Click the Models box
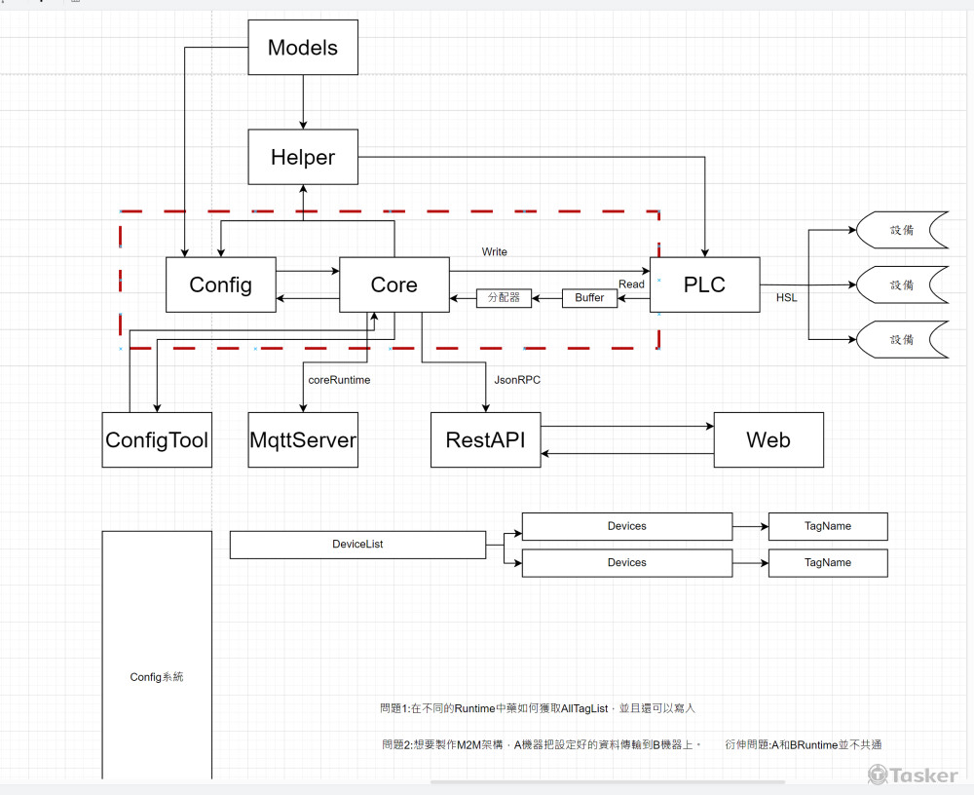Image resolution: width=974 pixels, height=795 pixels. (303, 48)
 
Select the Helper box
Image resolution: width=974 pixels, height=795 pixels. (303, 158)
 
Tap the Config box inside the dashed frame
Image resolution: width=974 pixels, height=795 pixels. (220, 284)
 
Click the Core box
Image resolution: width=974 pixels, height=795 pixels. (394, 284)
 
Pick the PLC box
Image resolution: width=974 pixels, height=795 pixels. (704, 284)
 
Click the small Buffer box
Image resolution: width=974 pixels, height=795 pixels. (589, 298)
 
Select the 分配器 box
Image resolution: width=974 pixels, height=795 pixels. (504, 298)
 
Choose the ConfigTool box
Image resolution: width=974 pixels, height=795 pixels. (157, 440)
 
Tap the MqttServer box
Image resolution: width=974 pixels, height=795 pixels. (303, 440)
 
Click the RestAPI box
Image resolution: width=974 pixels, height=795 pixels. (485, 440)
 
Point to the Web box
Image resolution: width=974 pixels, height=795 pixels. (768, 440)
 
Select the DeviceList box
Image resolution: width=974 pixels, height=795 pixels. (357, 545)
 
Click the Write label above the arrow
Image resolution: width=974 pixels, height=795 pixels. (495, 252)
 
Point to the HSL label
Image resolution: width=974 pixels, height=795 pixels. (786, 298)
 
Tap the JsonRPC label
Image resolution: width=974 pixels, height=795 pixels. (517, 380)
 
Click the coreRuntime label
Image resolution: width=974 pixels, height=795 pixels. (339, 380)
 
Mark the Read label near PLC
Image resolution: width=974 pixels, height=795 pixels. (631, 284)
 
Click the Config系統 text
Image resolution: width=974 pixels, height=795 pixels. (157, 677)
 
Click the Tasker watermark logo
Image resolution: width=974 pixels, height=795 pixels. (913, 775)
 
